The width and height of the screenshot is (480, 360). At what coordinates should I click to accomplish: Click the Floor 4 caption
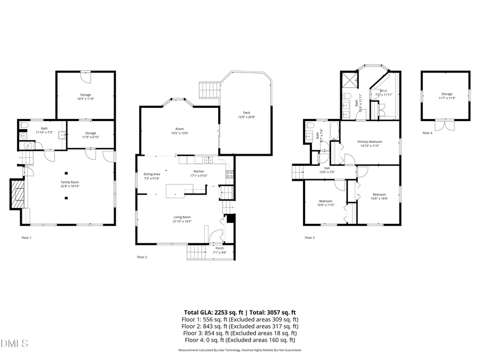[x=428, y=133]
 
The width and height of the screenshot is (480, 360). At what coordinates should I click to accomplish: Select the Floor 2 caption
[x=142, y=257]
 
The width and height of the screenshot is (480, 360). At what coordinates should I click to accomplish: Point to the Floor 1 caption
[x=26, y=237]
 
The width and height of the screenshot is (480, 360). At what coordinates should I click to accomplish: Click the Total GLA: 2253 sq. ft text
[x=213, y=312]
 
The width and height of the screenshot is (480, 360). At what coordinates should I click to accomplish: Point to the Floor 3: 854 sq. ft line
[x=239, y=333]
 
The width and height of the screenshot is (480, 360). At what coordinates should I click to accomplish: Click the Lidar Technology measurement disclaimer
[x=239, y=350]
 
